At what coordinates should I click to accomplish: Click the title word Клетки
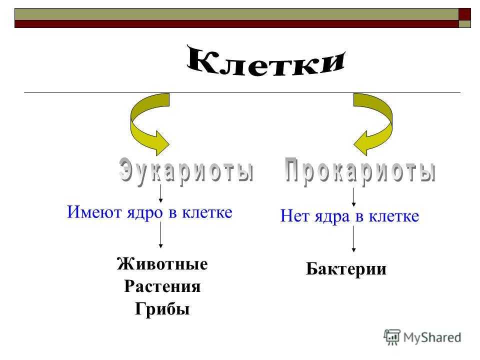coord(265,61)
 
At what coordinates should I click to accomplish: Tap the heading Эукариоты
coord(186,170)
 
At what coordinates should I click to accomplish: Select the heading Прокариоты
coord(360,171)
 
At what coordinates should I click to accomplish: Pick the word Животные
coord(162,264)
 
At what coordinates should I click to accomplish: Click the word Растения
coord(162,286)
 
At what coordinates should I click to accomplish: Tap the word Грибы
coord(162,308)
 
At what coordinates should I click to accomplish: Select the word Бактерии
coord(346,269)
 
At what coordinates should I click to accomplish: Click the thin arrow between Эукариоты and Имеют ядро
coord(160,193)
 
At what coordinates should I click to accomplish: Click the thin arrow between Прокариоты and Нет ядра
coord(353,197)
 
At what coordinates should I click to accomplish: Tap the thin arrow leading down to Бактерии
coord(353,239)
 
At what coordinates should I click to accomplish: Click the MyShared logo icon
coord(392,337)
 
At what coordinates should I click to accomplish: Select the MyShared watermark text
coord(432,337)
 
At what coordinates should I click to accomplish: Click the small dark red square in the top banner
coord(464,14)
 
